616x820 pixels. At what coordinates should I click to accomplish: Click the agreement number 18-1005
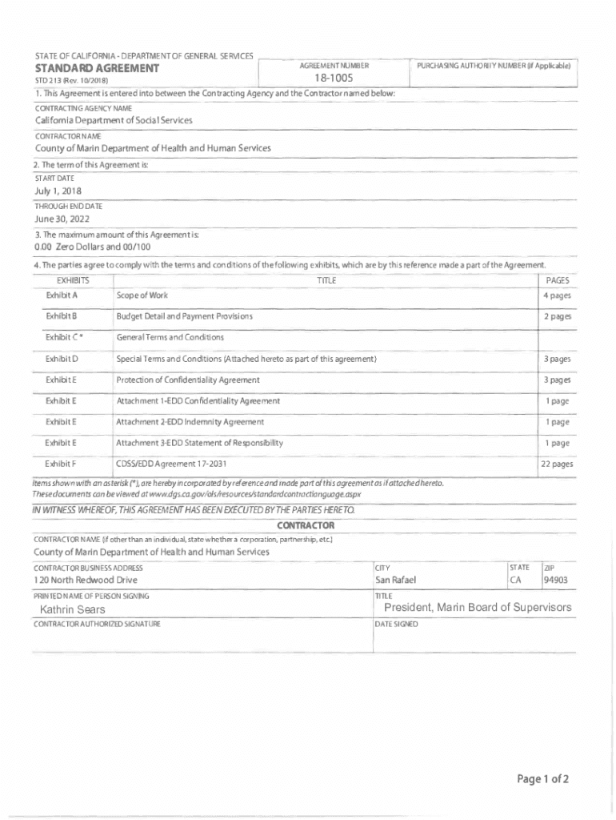coord(334,80)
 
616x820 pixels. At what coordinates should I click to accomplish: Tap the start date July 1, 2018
coord(58,191)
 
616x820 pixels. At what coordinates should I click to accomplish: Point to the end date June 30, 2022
coord(62,219)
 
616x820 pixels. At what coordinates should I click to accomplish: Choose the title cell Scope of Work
coord(142,295)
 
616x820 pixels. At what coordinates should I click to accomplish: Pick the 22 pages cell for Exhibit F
coord(556,464)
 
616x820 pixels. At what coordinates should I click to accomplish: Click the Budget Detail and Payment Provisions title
coord(184,316)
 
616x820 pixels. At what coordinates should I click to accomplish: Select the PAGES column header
coord(557,280)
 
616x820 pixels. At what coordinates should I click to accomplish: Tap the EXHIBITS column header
coord(73,280)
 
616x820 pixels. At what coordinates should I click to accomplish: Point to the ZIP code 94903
coord(557,580)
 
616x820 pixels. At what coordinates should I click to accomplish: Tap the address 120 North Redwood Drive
coord(86,580)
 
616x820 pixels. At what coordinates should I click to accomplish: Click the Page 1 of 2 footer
coord(542,779)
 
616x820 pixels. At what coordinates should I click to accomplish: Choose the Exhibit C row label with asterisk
coord(64,337)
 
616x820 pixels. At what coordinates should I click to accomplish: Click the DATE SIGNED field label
coord(396,624)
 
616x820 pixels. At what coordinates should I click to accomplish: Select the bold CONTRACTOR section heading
coord(306,525)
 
